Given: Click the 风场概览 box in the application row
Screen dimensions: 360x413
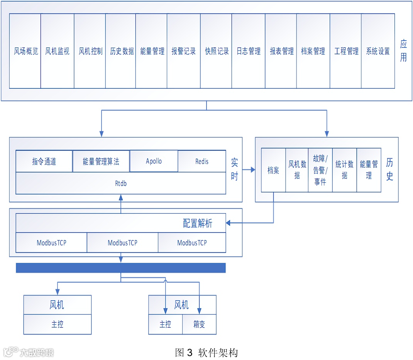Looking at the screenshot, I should tap(25, 51).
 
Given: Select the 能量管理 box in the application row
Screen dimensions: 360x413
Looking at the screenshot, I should tap(151, 51).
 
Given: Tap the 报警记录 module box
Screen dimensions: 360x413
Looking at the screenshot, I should tap(184, 51).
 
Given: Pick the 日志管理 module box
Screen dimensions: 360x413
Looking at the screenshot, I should tap(248, 51).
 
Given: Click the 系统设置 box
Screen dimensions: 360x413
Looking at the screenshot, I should tap(378, 51).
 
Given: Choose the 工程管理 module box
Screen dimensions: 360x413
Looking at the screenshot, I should tap(346, 51).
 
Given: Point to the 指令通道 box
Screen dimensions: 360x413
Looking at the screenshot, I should tap(44, 161).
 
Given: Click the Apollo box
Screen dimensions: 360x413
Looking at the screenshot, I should tap(154, 161).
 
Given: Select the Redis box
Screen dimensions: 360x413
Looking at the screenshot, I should tap(202, 161).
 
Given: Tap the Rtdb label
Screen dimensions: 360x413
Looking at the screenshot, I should tap(120, 183).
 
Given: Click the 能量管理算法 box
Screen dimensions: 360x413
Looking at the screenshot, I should tap(101, 161).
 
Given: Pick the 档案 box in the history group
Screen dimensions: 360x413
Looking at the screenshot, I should tap(273, 170).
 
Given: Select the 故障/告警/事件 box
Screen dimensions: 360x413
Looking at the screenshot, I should tap(320, 170).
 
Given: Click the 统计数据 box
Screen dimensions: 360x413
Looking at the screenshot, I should tap(344, 170).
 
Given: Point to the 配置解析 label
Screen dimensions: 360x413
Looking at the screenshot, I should tap(197, 223).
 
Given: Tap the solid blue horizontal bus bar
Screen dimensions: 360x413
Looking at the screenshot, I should tap(120, 268).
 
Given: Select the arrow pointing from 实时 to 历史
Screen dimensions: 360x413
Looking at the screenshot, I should tap(249, 170).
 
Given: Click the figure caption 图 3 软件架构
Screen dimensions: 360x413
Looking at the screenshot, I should tap(206, 352).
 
